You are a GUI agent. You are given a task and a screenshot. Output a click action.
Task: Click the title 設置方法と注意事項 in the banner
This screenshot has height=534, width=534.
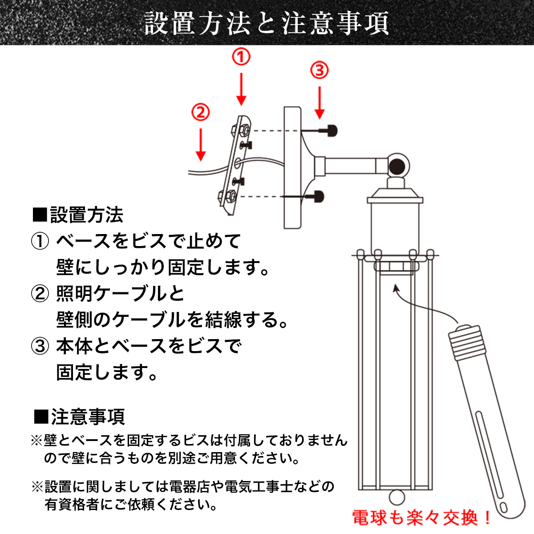click(x=267, y=23)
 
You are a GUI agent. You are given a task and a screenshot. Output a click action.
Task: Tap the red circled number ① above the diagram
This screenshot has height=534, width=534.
click(x=241, y=57)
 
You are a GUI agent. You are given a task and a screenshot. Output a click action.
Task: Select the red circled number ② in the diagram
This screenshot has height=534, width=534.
click(x=200, y=112)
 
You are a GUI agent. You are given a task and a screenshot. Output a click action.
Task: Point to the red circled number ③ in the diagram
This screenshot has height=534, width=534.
click(x=319, y=70)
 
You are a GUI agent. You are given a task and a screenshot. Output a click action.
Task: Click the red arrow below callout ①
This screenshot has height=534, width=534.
click(x=241, y=89)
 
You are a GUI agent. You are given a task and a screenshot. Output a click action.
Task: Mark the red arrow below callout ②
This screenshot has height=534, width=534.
click(x=200, y=145)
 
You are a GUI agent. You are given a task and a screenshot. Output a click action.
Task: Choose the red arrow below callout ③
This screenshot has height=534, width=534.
click(x=320, y=103)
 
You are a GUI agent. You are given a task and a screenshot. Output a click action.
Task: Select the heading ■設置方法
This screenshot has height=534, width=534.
click(x=78, y=215)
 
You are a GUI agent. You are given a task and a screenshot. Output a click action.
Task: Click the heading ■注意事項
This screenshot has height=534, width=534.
click(x=79, y=417)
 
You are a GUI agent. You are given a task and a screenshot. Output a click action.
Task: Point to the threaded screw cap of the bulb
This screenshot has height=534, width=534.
click(x=467, y=342)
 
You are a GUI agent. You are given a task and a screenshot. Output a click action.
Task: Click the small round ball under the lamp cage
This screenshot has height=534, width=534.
click(x=397, y=497)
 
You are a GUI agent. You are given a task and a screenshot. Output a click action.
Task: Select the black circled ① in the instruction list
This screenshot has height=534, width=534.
click(x=40, y=241)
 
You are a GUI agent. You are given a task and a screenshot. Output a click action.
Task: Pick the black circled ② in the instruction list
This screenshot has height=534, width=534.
click(x=40, y=294)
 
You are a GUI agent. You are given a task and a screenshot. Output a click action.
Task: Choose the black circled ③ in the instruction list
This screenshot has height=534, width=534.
click(x=40, y=347)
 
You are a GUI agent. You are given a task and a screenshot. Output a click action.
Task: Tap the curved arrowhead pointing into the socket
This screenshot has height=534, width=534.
click(x=396, y=288)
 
